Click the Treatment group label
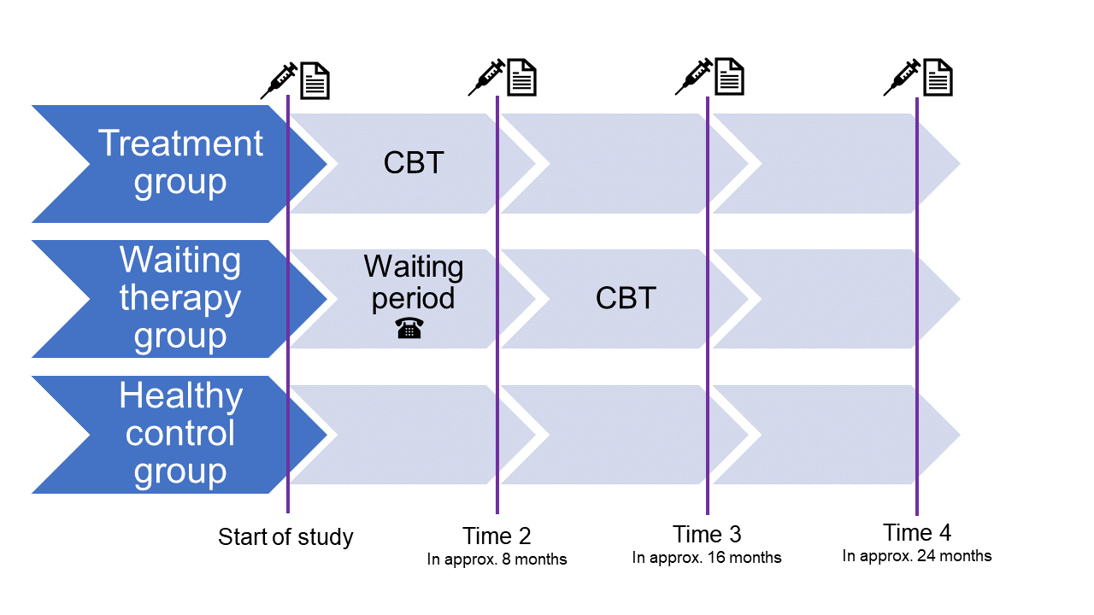pyautogui.click(x=180, y=162)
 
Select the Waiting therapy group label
pyautogui.click(x=180, y=298)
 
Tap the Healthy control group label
pyautogui.click(x=180, y=434)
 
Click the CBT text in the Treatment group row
pyautogui.click(x=414, y=162)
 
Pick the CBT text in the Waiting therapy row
pyautogui.click(x=626, y=298)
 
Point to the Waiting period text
pyautogui.click(x=414, y=282)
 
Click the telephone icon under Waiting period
pyautogui.click(x=409, y=328)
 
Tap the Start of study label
pyautogui.click(x=285, y=537)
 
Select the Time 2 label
pyautogui.click(x=497, y=536)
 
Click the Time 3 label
pyautogui.click(x=707, y=535)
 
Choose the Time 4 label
pyautogui.click(x=917, y=533)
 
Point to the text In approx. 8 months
pyautogui.click(x=497, y=560)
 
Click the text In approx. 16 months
pyautogui.click(x=707, y=558)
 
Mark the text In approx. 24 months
pyautogui.click(x=917, y=556)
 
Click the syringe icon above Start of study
pyautogui.click(x=279, y=79)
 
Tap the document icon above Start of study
pyautogui.click(x=315, y=80)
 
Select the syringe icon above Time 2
pyautogui.click(x=486, y=78)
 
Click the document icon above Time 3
pyautogui.click(x=729, y=77)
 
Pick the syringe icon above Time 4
pyautogui.click(x=902, y=77)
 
